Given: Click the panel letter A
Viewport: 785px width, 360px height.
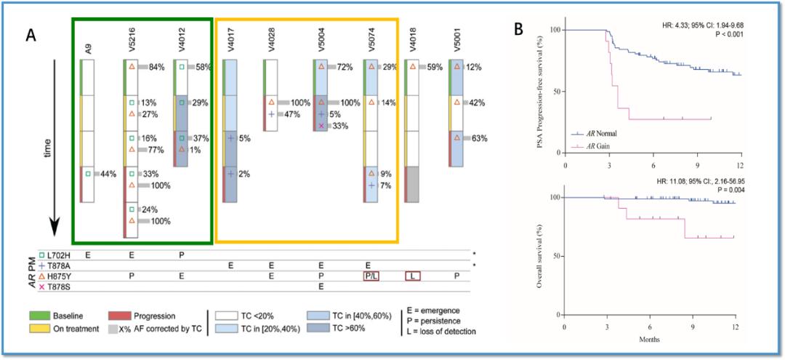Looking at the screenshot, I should pos(31,33).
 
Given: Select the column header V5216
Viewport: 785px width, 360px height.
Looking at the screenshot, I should pos(130,44).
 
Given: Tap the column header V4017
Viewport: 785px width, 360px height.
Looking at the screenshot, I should pos(230,45).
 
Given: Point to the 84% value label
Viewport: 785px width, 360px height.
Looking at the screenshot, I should pos(156,68).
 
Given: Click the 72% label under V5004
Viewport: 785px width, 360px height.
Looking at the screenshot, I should pos(345,68).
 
